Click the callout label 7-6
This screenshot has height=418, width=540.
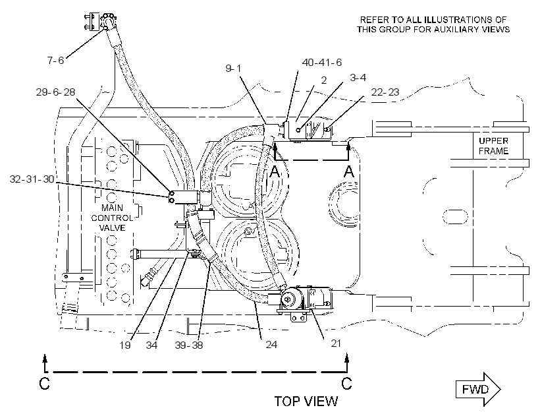pyautogui.click(x=55, y=61)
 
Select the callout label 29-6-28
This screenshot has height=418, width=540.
pyautogui.click(x=55, y=92)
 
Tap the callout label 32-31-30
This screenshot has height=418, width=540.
pyautogui.click(x=32, y=179)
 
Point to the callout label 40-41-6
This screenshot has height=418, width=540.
pyautogui.click(x=322, y=63)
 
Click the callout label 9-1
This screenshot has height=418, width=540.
pyautogui.click(x=234, y=69)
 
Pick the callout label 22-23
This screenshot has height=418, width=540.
pyautogui.click(x=385, y=92)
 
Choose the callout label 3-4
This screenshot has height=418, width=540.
pyautogui.click(x=358, y=78)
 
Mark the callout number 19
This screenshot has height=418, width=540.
pyautogui.click(x=125, y=345)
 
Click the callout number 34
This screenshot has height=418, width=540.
pyautogui.click(x=151, y=345)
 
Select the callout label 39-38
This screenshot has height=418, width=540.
pyautogui.click(x=189, y=345)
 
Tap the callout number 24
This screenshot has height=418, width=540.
pyautogui.click(x=271, y=344)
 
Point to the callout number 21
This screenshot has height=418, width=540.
pyautogui.click(x=336, y=343)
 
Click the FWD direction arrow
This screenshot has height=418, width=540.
pyautogui.click(x=478, y=390)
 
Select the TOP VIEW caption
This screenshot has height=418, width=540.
pyautogui.click(x=306, y=401)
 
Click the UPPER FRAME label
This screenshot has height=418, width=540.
pyautogui.click(x=493, y=146)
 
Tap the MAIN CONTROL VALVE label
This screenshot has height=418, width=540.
pyautogui.click(x=112, y=218)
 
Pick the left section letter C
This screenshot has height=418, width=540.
pyautogui.click(x=44, y=384)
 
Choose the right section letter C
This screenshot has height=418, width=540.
pyautogui.click(x=346, y=383)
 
